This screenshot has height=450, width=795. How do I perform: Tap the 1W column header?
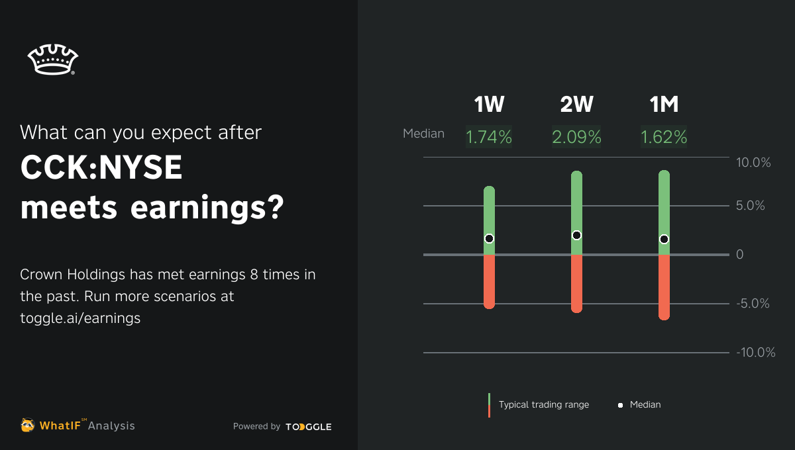pos(489,105)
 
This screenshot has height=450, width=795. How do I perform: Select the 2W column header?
pos(576,105)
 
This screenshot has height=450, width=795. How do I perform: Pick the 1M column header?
pos(663,105)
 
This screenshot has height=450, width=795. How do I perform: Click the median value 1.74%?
pos(489,137)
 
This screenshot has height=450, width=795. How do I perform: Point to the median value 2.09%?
pos(576,137)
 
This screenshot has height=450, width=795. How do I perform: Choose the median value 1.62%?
pos(663,137)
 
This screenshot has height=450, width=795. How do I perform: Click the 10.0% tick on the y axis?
pos(753,162)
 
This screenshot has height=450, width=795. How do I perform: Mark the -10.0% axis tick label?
pos(755,353)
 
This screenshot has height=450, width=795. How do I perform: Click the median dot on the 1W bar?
pos(489,238)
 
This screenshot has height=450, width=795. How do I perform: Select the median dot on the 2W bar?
pos(576,235)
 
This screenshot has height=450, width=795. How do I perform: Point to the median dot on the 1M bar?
pos(664,239)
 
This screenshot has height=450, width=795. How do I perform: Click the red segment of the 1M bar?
pos(664,288)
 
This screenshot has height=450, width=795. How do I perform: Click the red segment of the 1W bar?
pos(489,281)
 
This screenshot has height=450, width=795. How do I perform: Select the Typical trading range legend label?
pos(543,404)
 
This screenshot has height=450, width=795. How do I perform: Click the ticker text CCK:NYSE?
pos(101,169)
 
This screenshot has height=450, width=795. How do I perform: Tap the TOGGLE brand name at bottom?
pos(309,427)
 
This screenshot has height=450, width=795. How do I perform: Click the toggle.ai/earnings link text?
pos(80,318)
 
